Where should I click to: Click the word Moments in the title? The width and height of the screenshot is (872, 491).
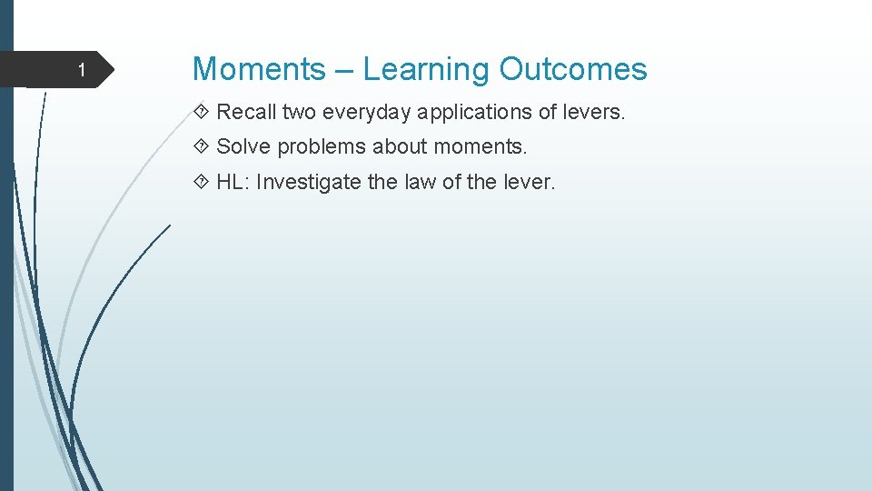[x=259, y=69]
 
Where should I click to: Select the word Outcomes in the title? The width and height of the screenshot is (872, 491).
[x=573, y=69]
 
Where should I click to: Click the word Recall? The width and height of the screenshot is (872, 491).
[x=246, y=112]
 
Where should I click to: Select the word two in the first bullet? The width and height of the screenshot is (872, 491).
[x=298, y=112]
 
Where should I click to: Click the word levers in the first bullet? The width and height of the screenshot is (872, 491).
[x=594, y=112]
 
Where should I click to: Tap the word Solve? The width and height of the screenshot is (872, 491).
[x=243, y=146]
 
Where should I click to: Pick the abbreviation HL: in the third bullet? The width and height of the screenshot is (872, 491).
[x=233, y=182]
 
